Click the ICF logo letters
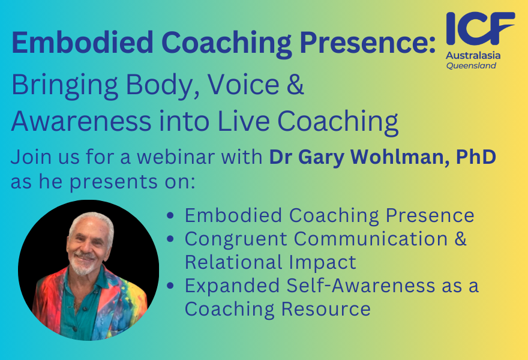[480, 29]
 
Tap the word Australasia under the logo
[473, 56]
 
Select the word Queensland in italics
[471, 65]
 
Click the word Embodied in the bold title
[83, 43]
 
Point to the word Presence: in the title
[368, 43]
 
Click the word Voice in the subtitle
[243, 84]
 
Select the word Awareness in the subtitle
[81, 121]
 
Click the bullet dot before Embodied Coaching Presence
[170, 215]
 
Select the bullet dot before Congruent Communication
[170, 239]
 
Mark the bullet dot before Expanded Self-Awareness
[170, 286]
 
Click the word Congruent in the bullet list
[236, 239]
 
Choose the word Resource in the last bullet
[326, 309]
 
